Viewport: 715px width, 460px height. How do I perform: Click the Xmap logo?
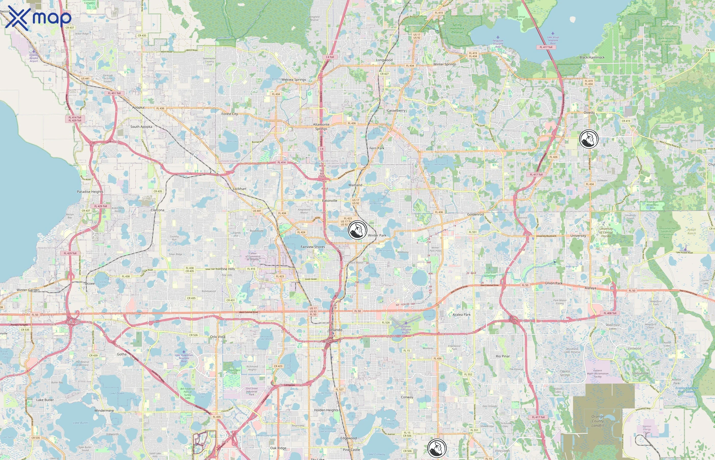pos(38,18)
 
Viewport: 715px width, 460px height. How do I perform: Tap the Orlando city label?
pos(336,330)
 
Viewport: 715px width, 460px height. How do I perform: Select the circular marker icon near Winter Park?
pos(357,230)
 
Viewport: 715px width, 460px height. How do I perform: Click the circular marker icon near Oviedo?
pos(589,139)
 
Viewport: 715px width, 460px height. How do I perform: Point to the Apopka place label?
pos(138,108)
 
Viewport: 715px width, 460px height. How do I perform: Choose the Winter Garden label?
pos(28,290)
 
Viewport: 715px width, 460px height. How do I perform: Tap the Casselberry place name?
pos(396,110)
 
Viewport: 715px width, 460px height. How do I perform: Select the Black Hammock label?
pos(592,57)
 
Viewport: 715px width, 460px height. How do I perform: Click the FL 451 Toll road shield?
pos(114,93)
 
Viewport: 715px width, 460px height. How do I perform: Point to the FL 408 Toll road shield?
pos(610,313)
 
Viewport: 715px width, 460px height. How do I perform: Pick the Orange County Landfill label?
pos(598,421)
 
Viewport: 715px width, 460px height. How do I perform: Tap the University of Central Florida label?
pos(606,232)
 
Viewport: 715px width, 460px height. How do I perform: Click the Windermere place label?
pos(104,411)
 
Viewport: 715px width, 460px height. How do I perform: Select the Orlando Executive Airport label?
pos(406,329)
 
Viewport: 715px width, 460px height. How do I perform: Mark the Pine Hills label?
pos(228,269)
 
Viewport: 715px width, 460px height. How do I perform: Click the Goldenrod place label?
pos(475,214)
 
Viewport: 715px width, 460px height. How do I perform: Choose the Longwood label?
pos(384,60)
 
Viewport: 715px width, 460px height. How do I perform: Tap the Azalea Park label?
pos(462,315)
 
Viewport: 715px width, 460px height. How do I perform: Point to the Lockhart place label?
pos(240,189)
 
